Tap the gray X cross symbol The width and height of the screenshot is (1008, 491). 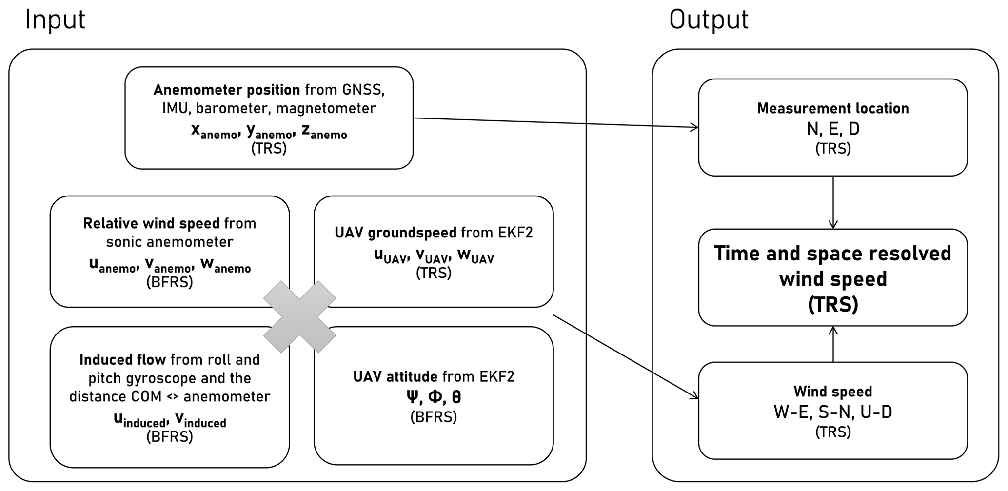click(x=299, y=317)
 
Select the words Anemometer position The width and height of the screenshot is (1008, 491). click(x=226, y=90)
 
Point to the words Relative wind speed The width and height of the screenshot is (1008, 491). click(x=151, y=223)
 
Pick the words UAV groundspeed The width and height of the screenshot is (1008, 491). click(x=395, y=233)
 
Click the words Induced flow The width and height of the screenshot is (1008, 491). click(x=122, y=360)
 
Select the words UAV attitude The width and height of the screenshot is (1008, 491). click(x=395, y=376)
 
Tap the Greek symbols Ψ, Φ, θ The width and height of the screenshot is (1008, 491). click(x=434, y=397)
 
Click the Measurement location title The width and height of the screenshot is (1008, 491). click(x=832, y=108)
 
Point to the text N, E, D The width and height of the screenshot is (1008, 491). click(x=832, y=129)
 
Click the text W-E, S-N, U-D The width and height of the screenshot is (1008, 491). click(x=832, y=412)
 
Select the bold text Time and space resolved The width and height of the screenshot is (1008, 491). click(x=832, y=254)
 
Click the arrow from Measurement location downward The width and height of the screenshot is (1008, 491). click(x=833, y=202)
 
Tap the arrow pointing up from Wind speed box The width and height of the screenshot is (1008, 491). click(x=833, y=344)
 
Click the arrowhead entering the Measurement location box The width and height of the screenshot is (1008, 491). click(x=694, y=127)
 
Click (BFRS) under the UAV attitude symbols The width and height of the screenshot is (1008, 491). click(x=434, y=417)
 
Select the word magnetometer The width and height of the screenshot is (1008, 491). click(x=326, y=108)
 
